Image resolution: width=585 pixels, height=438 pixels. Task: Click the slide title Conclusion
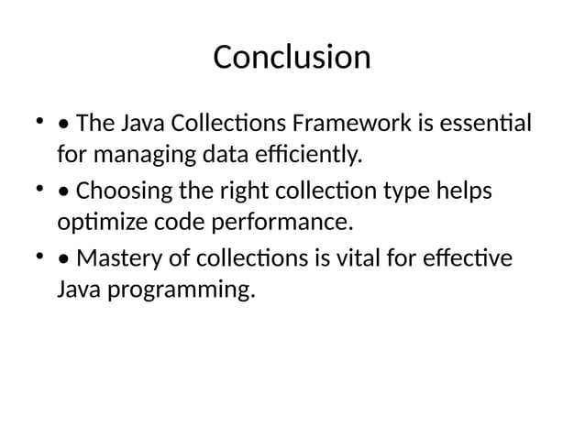(292, 58)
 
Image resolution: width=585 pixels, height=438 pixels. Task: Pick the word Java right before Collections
(139, 122)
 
